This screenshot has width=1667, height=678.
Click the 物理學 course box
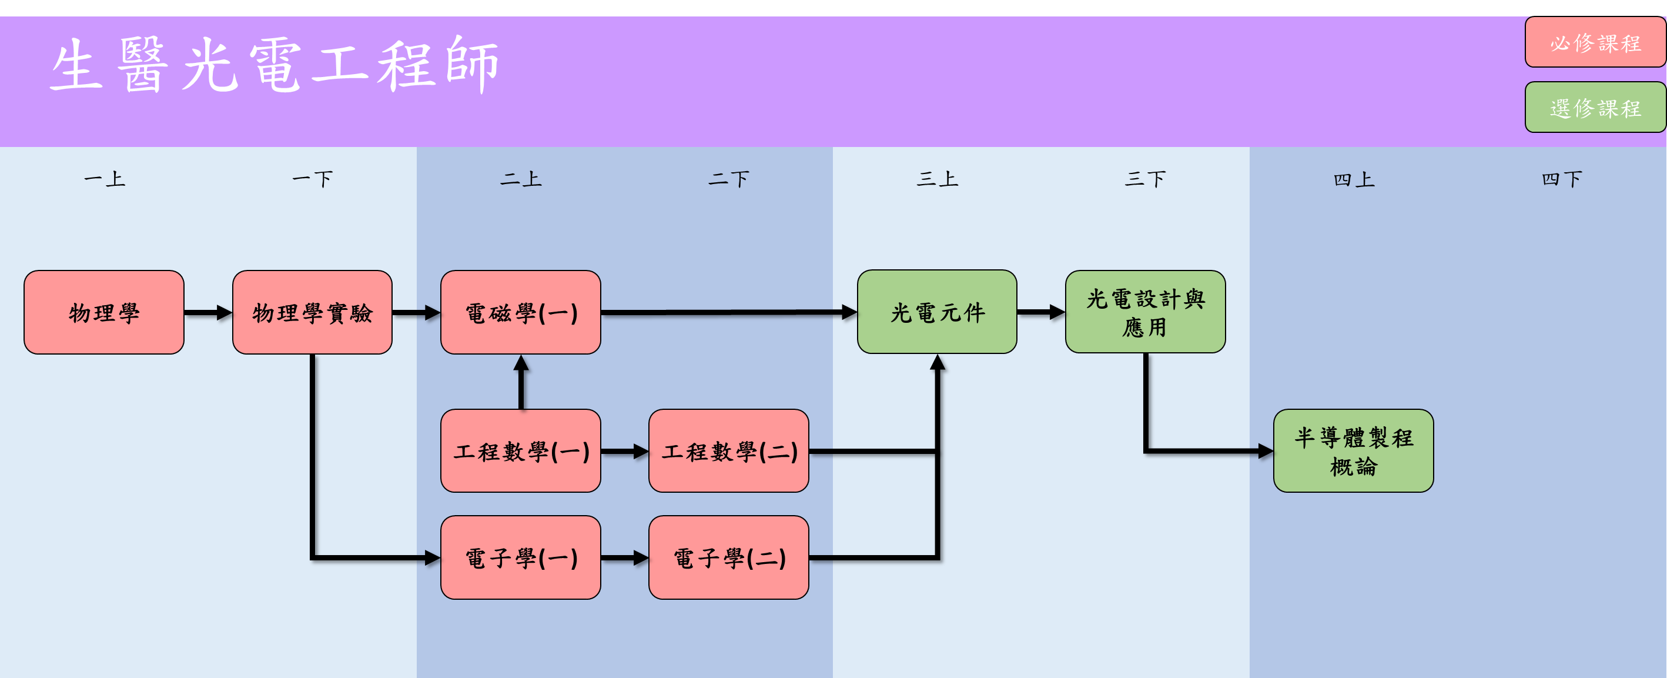pos(103,312)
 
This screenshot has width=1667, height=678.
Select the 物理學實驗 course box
pos(312,312)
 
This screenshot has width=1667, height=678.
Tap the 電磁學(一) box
pos(520,312)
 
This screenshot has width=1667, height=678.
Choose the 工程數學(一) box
pos(520,450)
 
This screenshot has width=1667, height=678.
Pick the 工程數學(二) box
pos(729,450)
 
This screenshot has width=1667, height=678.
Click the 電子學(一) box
pos(520,557)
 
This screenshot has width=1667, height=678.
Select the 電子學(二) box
pos(729,557)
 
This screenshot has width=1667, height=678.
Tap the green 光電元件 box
pos(936,312)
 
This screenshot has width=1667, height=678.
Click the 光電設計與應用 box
pos(1145,312)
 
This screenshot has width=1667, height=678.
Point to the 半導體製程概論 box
pos(1353,450)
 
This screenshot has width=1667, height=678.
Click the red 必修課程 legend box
pos(1595,43)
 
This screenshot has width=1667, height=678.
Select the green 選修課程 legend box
pos(1595,108)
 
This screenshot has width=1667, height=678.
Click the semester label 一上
pos(104,179)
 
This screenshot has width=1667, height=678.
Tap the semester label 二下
pos(729,179)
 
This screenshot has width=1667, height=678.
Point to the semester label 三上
pos(936,179)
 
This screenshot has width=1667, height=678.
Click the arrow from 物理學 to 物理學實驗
pos(207,313)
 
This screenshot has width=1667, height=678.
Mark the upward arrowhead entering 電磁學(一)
pos(521,363)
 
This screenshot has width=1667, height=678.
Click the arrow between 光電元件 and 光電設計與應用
pos(1040,312)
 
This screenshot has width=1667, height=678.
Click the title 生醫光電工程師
pos(275,65)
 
